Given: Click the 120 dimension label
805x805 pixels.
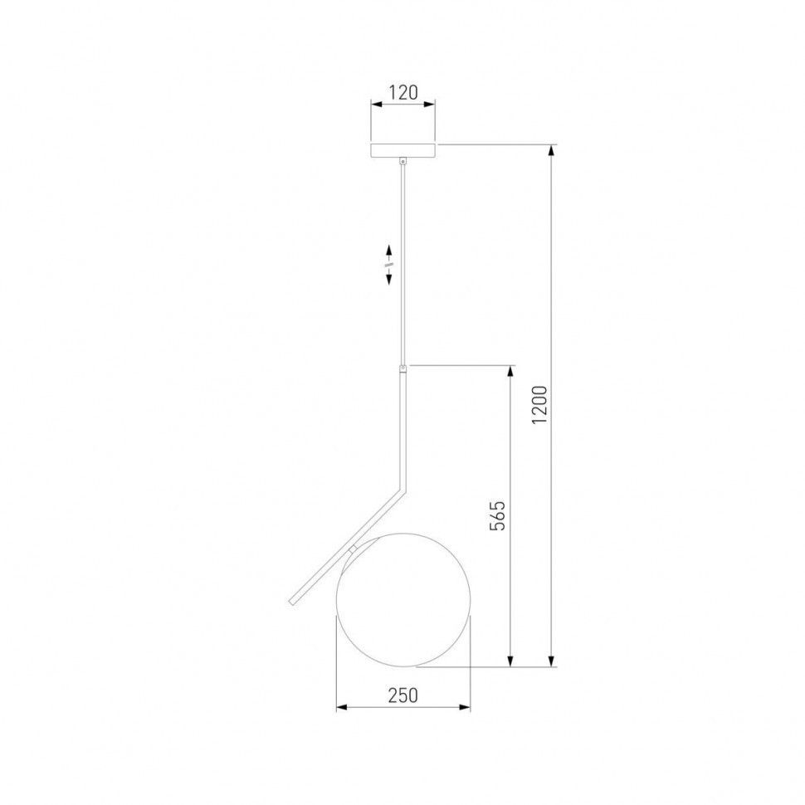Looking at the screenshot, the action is (403, 92).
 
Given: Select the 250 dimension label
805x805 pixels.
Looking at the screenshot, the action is (403, 695).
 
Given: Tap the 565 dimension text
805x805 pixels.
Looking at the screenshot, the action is (497, 515).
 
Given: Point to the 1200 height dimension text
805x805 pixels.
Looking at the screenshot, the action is (539, 404).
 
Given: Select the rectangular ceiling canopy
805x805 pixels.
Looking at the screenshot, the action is (403, 150).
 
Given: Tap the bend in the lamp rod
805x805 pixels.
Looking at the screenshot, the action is (402, 488).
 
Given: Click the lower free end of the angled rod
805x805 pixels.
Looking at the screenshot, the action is (291, 603).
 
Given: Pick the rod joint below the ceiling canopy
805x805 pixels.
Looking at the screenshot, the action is (403, 161).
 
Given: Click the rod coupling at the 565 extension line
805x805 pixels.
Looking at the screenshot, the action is (403, 369).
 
